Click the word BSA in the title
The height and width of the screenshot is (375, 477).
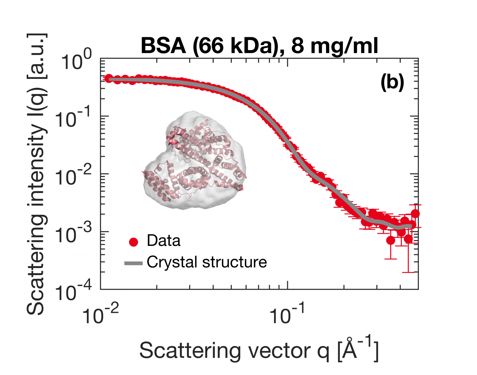[163, 46]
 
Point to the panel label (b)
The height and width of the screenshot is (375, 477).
[392, 83]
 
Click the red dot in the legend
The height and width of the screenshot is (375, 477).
[134, 242]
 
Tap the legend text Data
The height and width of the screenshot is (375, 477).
[163, 241]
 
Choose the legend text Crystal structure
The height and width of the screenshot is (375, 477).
[207, 262]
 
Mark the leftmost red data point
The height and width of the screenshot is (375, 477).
[108, 78]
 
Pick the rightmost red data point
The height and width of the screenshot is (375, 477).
[415, 214]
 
